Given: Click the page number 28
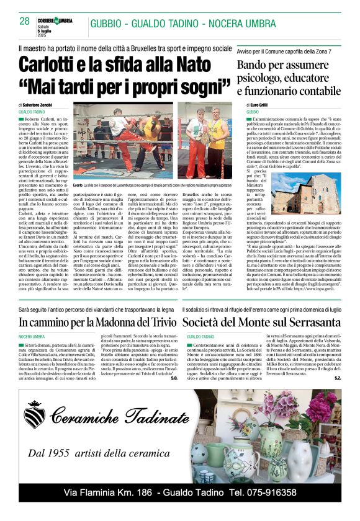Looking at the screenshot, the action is pyautogui.click(x=25, y=22).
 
